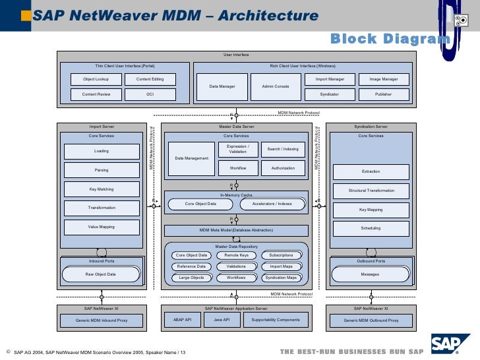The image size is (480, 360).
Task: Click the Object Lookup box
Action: coord(96,79)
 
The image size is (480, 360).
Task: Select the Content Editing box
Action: coord(150,79)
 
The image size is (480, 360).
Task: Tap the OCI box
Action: coord(150,94)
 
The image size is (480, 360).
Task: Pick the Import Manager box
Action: coord(330,79)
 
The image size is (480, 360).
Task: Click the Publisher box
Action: coord(383,94)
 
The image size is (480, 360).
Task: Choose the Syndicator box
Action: coord(330,94)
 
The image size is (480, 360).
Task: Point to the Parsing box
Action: coord(102,170)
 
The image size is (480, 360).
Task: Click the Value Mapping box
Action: coord(102,227)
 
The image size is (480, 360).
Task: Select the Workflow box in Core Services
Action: coord(237,168)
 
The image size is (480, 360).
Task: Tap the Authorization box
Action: coord(283,168)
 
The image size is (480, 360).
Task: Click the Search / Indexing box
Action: coord(283,149)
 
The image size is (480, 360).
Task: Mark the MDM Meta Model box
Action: coord(235,230)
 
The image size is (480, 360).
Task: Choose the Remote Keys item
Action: coord(236,255)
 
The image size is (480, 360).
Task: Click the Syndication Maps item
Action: coord(281,278)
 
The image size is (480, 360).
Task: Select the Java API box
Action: coord(222,320)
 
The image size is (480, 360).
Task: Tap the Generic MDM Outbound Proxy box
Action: coord(371,320)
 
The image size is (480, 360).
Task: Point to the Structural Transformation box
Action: coord(371,191)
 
